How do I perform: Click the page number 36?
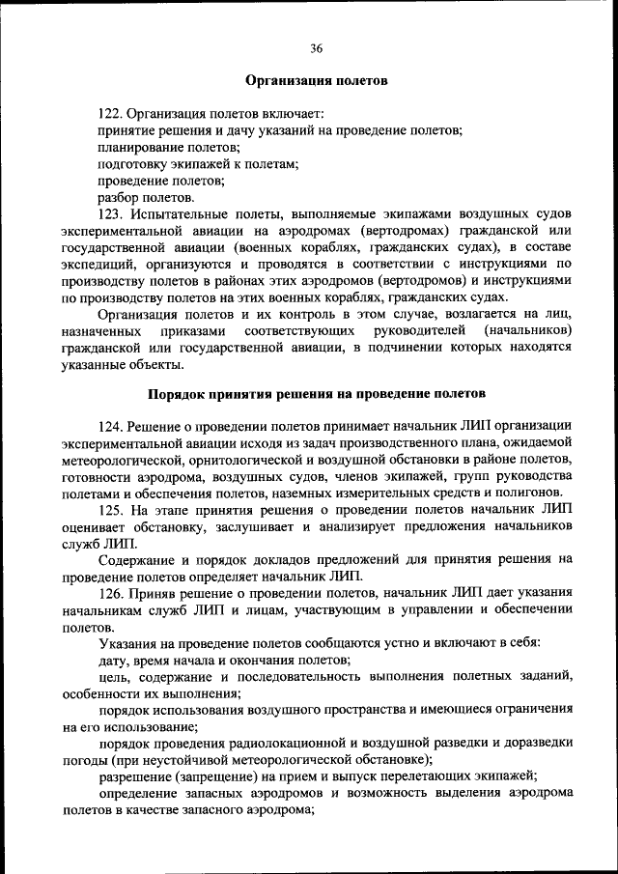[317, 48]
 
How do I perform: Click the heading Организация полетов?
[316, 81]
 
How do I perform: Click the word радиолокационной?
[286, 742]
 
